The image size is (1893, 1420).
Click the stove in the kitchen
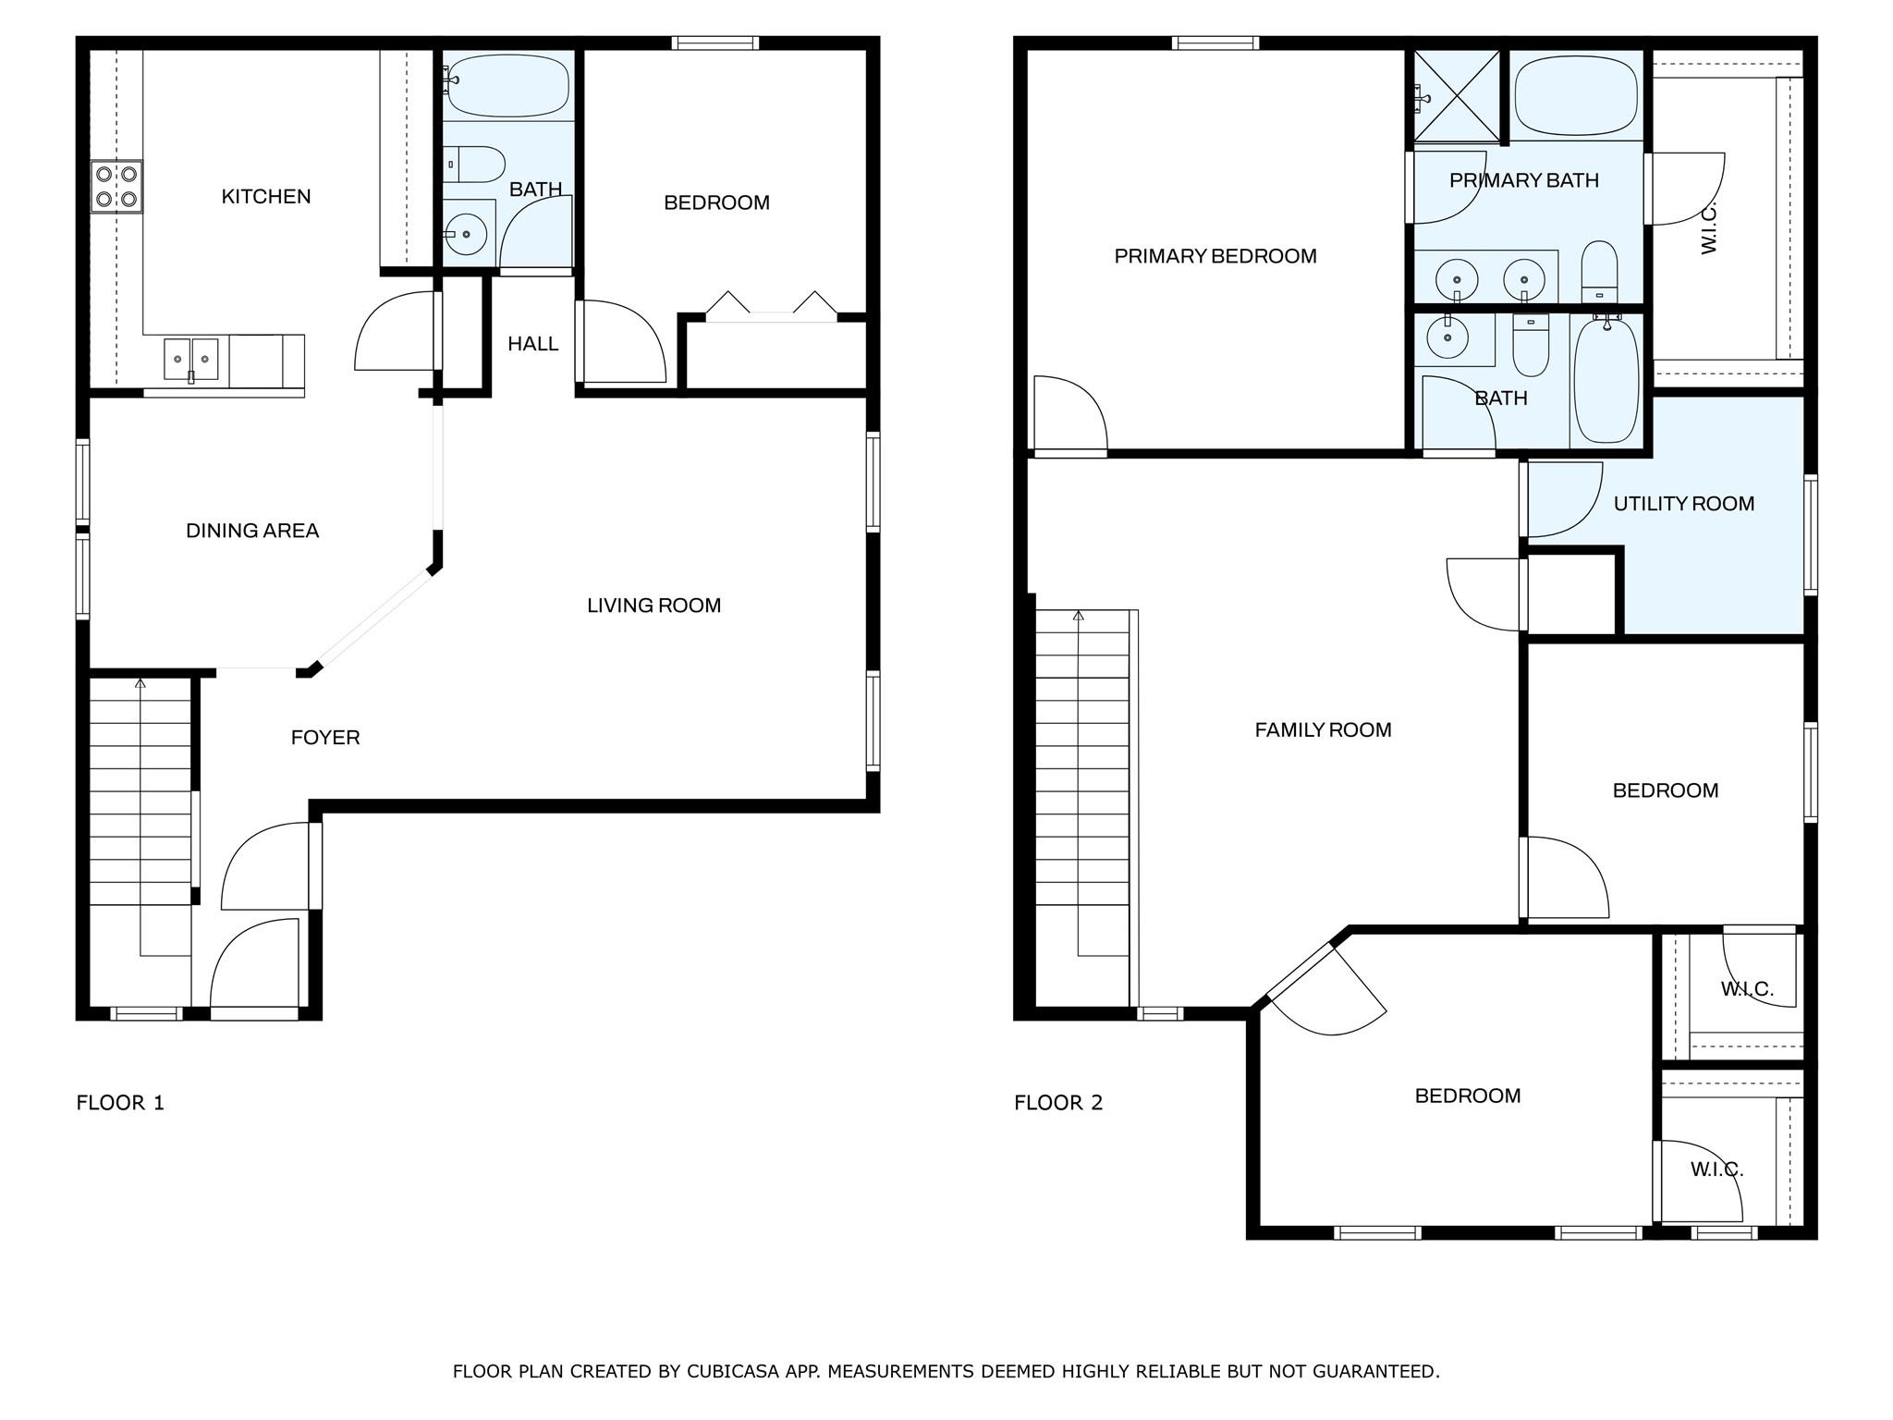(116, 186)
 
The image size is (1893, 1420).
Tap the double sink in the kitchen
(191, 359)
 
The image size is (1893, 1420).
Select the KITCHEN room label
(266, 196)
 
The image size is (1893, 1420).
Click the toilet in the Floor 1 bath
(476, 165)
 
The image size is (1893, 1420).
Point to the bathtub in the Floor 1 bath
(507, 83)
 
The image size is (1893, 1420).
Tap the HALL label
(533, 344)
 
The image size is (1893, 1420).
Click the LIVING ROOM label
(653, 606)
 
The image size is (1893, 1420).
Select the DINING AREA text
(252, 531)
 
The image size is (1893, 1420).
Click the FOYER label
(325, 738)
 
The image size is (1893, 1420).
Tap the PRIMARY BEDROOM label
(1215, 256)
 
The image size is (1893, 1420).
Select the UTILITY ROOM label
(1683, 504)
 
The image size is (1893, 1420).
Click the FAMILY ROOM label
(1323, 730)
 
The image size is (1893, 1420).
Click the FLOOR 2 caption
(1058, 1103)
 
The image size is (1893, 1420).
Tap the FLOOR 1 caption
(120, 1103)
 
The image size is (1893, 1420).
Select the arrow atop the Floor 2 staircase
(1078, 616)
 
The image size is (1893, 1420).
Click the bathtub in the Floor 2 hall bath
(1606, 380)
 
